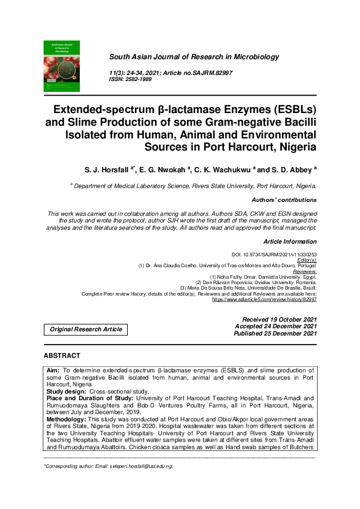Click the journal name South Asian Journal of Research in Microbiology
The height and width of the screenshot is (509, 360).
click(x=194, y=57)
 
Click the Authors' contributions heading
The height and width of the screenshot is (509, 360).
click(x=284, y=199)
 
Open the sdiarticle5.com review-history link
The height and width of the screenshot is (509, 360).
click(x=264, y=299)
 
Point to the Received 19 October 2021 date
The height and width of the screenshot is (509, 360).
click(x=279, y=319)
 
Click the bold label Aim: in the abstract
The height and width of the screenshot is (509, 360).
click(x=54, y=368)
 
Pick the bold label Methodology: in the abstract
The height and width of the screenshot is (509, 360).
click(x=66, y=418)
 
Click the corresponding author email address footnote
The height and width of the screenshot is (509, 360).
click(x=109, y=467)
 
